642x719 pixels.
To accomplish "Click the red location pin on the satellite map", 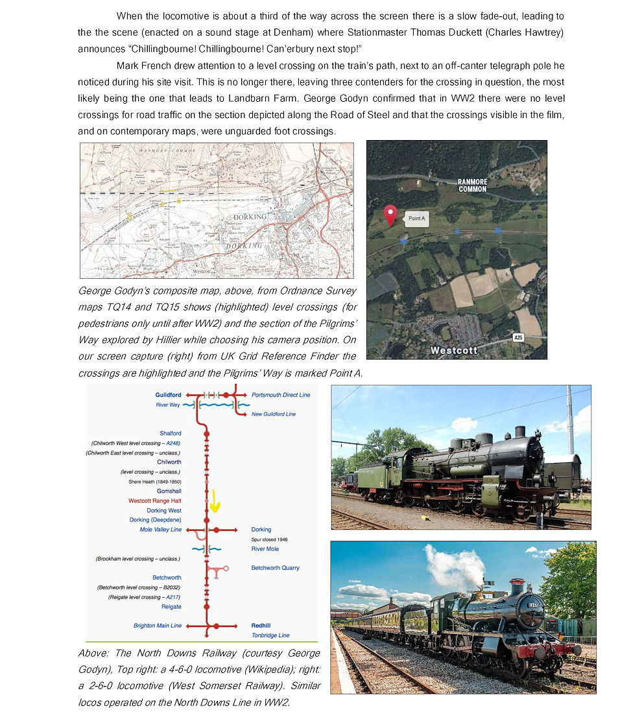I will [390, 214].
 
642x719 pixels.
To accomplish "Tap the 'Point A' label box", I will [416, 219].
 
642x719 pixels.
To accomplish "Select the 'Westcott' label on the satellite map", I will [454, 350].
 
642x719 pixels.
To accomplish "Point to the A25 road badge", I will [517, 337].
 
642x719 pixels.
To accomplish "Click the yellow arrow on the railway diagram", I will [215, 501].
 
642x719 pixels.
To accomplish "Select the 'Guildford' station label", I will [168, 395].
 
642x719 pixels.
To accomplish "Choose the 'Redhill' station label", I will [261, 626].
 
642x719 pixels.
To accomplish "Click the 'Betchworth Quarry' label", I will [275, 568].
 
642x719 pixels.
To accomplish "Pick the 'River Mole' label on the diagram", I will [265, 549].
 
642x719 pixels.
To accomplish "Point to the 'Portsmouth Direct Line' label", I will [280, 395].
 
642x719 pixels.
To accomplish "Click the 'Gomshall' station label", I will [169, 491].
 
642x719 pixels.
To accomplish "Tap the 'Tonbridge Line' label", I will [270, 635].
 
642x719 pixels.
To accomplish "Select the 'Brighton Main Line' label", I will [157, 626].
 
